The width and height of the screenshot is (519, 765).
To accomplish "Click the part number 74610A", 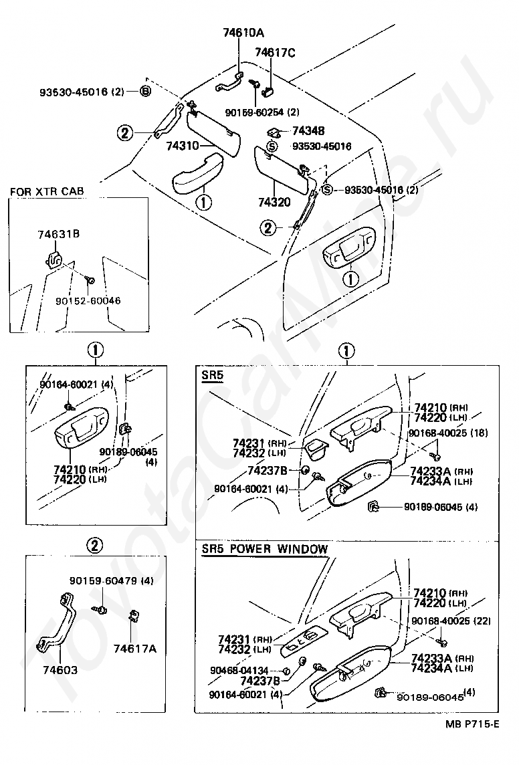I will tap(243, 32).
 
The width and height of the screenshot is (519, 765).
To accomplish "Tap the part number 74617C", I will tap(274, 51).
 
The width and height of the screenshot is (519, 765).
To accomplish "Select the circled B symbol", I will tap(145, 92).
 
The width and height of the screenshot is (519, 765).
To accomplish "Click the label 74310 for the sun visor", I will tap(185, 145).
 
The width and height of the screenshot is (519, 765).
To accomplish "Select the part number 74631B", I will tap(59, 233).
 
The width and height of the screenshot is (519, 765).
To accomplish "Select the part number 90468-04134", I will tap(240, 670).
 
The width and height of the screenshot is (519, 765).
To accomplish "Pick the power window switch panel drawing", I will tap(303, 639).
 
